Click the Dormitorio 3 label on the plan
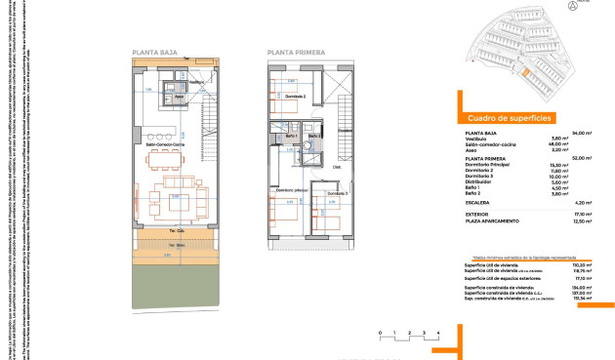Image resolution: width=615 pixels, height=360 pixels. point(337,194)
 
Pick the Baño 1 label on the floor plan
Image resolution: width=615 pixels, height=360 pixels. point(291,136)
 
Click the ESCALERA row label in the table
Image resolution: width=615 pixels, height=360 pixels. point(480,202)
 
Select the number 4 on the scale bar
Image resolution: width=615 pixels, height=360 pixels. point(439,334)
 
